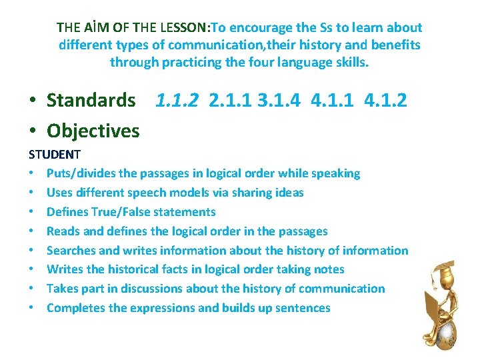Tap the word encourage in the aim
tap(257, 28)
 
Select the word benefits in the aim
tap(396, 45)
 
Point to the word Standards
tap(91, 101)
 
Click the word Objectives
tap(93, 131)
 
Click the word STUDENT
tap(54, 155)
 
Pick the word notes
tap(329, 269)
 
